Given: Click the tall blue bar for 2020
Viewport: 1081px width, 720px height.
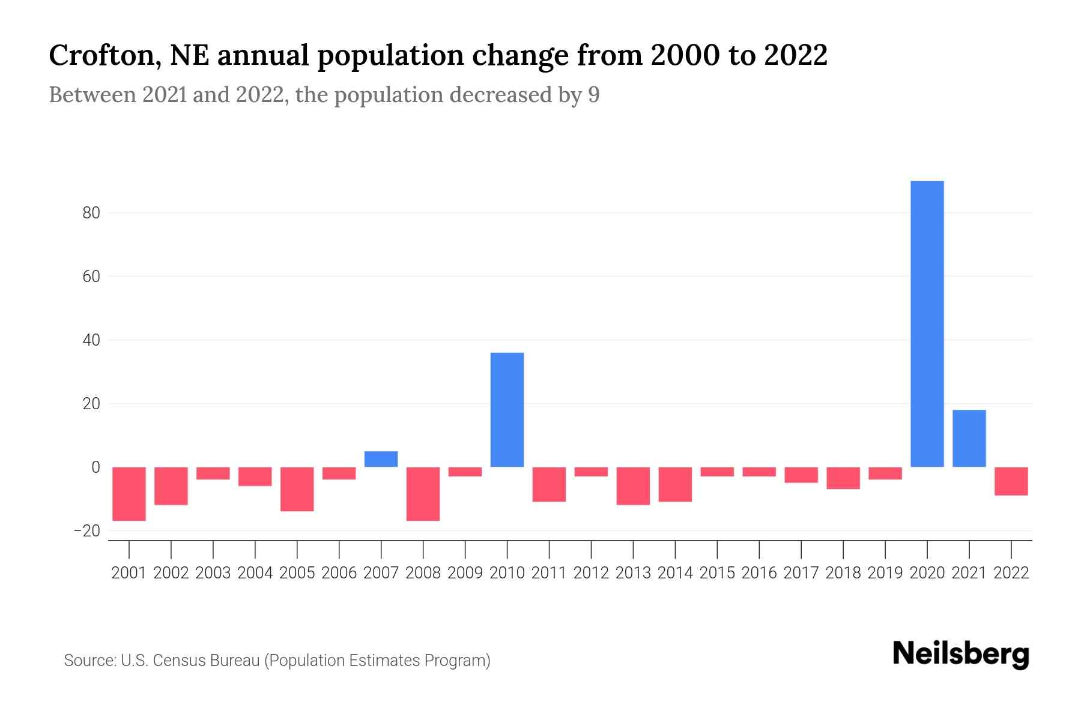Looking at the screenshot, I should (927, 324).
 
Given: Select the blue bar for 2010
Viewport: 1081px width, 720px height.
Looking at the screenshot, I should (507, 410).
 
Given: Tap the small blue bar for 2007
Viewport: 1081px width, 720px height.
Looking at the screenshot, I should (381, 459).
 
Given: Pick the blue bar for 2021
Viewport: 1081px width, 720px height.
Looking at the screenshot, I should (969, 439).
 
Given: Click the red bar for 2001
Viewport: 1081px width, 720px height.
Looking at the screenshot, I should (129, 494).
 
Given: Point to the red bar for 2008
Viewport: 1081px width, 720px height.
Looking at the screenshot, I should (423, 494).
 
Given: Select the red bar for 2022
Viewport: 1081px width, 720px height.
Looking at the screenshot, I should (1011, 481).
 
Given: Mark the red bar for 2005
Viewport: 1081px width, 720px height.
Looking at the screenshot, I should (297, 489).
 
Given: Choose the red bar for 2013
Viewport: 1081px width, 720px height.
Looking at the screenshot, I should (633, 486).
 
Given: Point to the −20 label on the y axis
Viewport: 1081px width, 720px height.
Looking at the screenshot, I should (86, 531).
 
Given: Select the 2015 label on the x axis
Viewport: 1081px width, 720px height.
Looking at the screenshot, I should (717, 573).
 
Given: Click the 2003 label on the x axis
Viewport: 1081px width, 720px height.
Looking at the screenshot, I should (213, 573).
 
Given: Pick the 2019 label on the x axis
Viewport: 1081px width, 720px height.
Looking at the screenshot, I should (885, 573).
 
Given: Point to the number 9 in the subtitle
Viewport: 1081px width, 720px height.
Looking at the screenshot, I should (593, 95).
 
